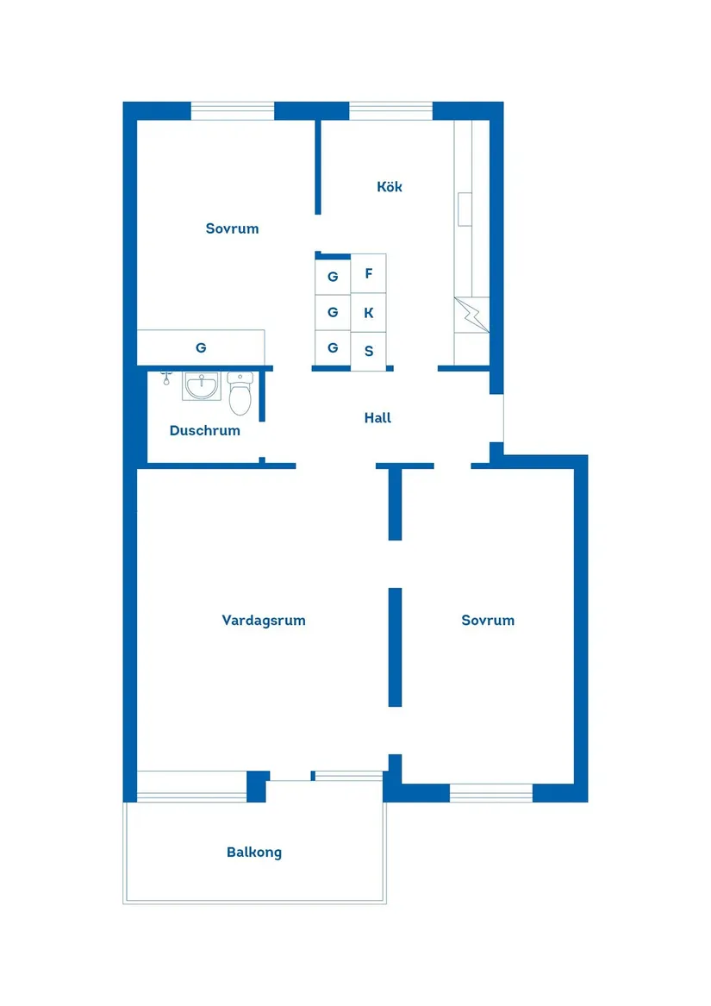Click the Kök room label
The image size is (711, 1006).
(x=390, y=187)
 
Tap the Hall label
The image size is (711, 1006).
(x=377, y=418)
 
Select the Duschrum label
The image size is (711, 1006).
(x=204, y=430)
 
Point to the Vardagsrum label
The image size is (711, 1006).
(x=263, y=620)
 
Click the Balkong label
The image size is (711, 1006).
(x=254, y=853)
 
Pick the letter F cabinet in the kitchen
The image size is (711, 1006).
(x=369, y=274)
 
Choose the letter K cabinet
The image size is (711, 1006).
(x=369, y=313)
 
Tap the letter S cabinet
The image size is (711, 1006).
(x=369, y=351)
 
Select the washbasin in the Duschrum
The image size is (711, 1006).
(x=202, y=385)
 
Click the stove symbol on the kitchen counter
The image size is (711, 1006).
(x=471, y=316)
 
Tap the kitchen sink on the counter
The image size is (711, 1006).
(x=465, y=209)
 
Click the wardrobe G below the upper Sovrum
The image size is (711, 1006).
(x=201, y=348)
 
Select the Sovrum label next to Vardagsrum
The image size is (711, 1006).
(x=488, y=620)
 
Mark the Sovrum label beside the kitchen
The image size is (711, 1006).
(x=232, y=228)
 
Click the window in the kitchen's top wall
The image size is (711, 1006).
(x=390, y=110)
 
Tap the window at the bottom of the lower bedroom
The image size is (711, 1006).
(x=491, y=793)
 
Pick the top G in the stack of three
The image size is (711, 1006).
(x=333, y=277)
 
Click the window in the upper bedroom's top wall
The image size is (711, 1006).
(x=232, y=110)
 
